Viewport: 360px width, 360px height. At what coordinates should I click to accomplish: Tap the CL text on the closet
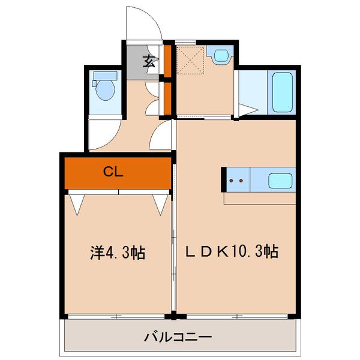pos(113,172)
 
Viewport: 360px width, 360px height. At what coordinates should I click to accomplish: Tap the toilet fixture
pos(105,88)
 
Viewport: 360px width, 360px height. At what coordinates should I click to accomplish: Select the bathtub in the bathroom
pos(281,92)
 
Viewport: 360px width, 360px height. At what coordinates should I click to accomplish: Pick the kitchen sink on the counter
pos(279,180)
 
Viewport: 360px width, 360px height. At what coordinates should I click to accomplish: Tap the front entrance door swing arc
pos(143,24)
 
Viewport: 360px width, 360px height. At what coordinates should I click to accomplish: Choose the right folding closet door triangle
pos(160,204)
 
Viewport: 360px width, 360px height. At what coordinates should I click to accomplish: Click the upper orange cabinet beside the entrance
pos(169,61)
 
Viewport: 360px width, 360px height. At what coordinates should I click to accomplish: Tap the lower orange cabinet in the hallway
pos(169,98)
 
